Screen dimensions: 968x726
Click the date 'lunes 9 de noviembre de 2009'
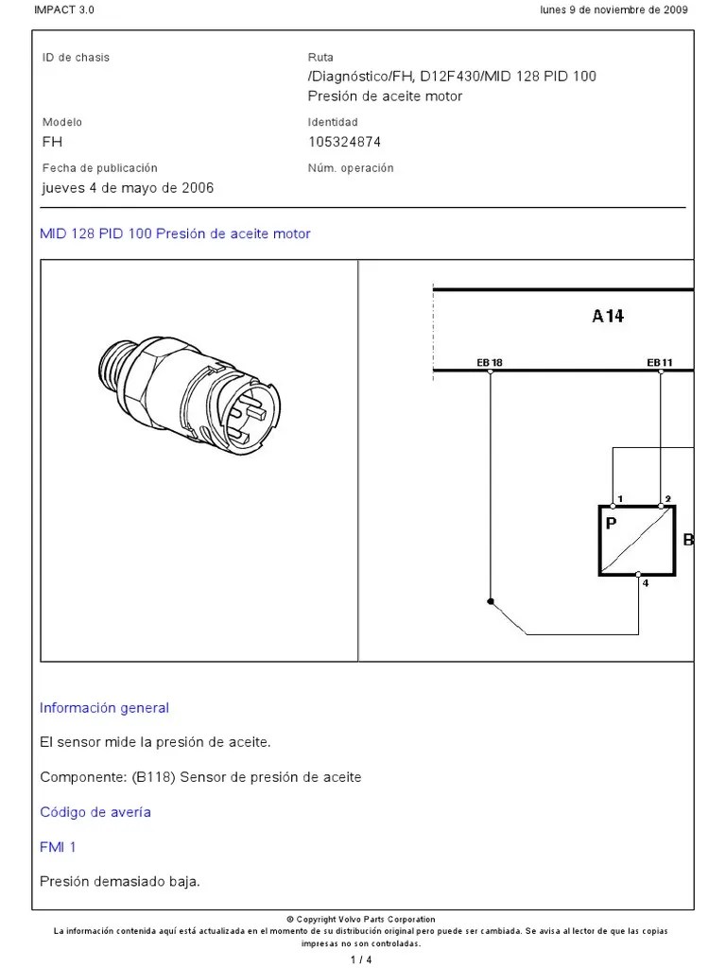click(614, 9)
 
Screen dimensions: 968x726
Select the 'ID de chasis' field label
click(76, 58)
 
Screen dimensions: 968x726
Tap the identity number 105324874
click(344, 142)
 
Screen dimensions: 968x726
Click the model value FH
click(52, 142)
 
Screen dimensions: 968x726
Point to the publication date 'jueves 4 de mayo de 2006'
click(128, 187)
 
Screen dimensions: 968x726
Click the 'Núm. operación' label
click(351, 168)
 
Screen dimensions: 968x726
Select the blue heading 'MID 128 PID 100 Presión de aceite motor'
click(175, 233)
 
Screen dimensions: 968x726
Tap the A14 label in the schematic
click(608, 317)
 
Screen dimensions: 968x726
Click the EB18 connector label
click(489, 362)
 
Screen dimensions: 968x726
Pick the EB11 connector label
click(659, 362)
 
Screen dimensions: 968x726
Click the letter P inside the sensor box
click(611, 521)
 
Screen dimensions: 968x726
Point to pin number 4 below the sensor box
click(646, 583)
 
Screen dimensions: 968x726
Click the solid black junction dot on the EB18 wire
click(490, 601)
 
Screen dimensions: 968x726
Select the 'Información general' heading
click(104, 708)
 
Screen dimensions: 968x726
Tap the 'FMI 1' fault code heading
click(58, 847)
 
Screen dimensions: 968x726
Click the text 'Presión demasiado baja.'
click(120, 882)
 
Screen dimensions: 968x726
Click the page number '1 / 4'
click(362, 960)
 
